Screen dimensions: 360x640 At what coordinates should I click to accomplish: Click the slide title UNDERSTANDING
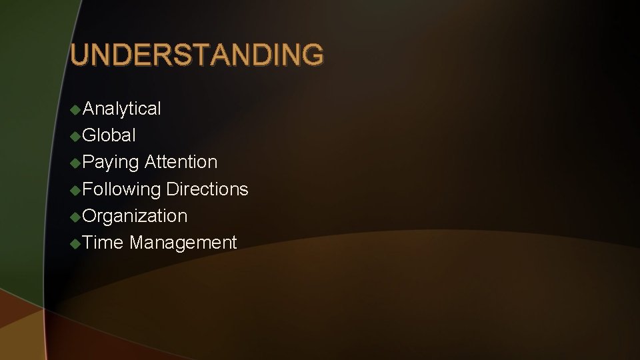[197, 55]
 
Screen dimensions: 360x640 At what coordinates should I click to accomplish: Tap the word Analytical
[122, 109]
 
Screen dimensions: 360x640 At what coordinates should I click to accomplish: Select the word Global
[109, 135]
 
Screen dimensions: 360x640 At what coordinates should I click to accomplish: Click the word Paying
[111, 163]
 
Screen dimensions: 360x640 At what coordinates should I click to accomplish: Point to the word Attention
[181, 162]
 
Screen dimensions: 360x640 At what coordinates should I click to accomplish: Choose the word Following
[122, 189]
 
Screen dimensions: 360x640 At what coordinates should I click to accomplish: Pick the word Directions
[207, 189]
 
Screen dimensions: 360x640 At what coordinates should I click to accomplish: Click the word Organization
[135, 216]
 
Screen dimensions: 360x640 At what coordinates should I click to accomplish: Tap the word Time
[103, 243]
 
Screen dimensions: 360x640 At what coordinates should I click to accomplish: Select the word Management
[183, 243]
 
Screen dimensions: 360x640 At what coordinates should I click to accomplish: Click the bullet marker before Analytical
[76, 109]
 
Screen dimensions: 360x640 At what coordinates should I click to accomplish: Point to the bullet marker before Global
[76, 136]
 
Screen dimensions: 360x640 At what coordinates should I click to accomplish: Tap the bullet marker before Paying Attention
[76, 163]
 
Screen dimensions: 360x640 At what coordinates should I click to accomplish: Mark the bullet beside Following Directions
[76, 189]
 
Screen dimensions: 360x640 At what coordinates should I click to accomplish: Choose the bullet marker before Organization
[76, 216]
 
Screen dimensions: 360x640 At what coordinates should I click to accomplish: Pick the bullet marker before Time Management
[76, 243]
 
